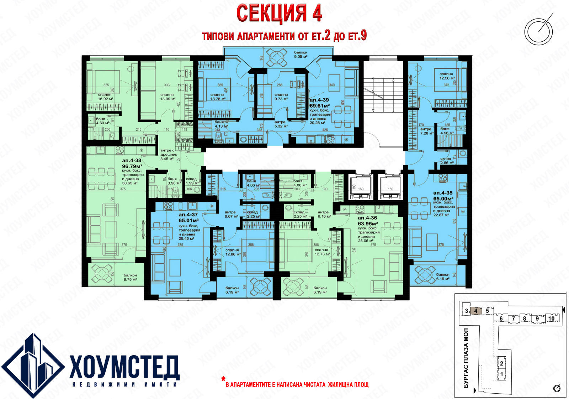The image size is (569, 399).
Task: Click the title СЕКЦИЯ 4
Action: point(279,14)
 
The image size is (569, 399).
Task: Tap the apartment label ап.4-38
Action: point(132,161)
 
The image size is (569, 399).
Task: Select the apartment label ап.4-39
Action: point(319,100)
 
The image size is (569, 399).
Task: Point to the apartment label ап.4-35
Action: point(443,193)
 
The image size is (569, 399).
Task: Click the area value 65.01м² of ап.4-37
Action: point(188,221)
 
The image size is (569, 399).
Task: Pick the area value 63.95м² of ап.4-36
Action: point(368,224)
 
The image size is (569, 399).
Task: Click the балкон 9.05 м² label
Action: point(301,55)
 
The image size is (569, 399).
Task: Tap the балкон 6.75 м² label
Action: point(130,277)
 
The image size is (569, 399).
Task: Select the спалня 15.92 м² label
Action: point(105,97)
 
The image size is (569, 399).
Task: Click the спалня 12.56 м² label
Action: point(447,76)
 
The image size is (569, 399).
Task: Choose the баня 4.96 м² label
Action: point(447,131)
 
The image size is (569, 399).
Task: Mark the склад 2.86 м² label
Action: point(447,161)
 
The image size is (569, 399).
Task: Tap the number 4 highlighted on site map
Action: point(476,311)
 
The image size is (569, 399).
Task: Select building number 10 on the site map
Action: point(551,318)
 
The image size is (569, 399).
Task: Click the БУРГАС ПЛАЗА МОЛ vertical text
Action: point(466,358)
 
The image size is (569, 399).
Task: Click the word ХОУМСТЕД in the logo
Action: point(124,367)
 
